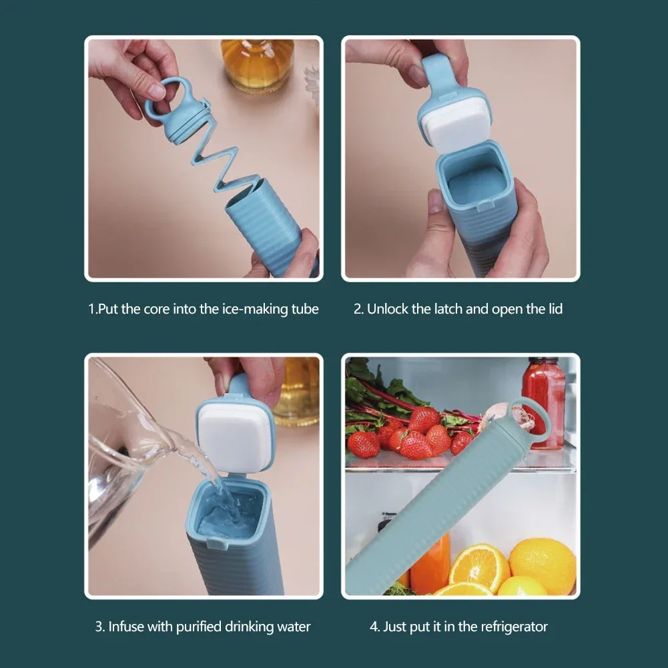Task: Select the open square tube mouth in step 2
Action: [474, 177]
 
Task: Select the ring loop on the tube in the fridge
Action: [535, 417]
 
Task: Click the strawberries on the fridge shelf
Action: [414, 437]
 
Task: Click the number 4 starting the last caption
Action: [374, 627]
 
